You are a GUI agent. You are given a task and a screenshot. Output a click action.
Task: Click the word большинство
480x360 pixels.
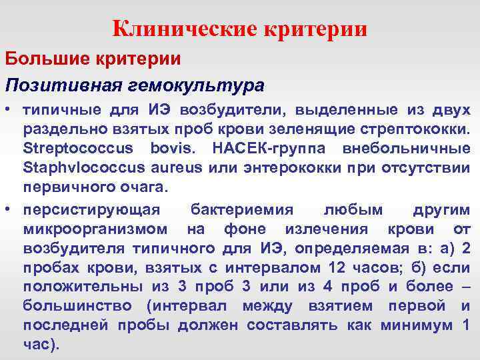click(x=77, y=307)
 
